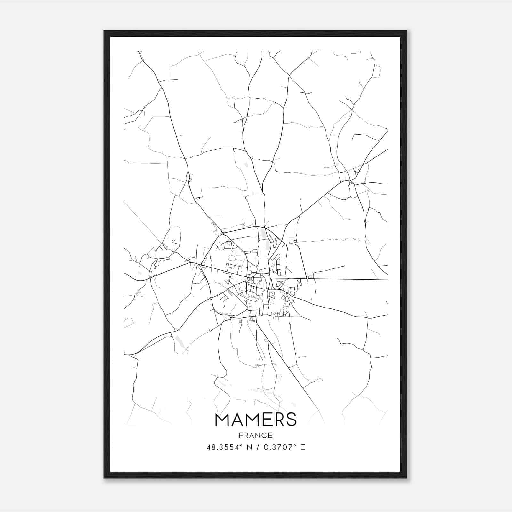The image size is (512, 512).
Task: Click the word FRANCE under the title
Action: pyautogui.click(x=256, y=436)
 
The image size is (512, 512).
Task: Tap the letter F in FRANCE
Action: pyautogui.click(x=241, y=436)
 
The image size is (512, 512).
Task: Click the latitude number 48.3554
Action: pyautogui.click(x=221, y=447)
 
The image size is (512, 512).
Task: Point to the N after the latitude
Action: pyautogui.click(x=247, y=447)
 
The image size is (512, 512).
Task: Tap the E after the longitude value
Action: pyautogui.click(x=302, y=447)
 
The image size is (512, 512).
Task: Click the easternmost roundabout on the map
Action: pyautogui.click(x=307, y=278)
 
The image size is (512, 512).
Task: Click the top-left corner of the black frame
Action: pyautogui.click(x=104, y=31)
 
